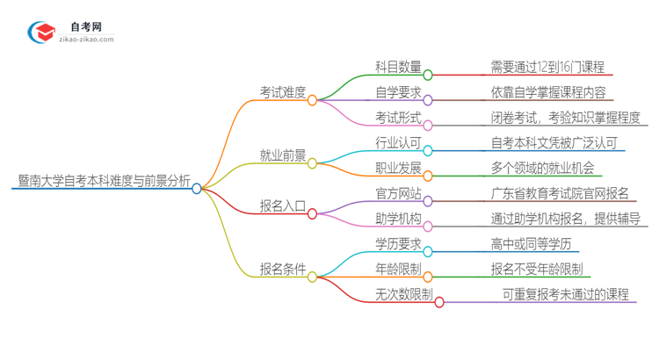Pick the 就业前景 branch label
click(x=283, y=155)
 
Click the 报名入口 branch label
click(x=283, y=207)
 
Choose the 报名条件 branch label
click(x=283, y=270)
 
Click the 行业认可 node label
click(x=398, y=142)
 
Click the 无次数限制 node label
click(x=403, y=294)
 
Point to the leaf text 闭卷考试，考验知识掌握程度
click(x=566, y=118)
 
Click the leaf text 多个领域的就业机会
click(x=547, y=168)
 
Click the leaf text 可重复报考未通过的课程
click(x=565, y=294)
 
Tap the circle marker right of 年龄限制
click(x=429, y=277)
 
